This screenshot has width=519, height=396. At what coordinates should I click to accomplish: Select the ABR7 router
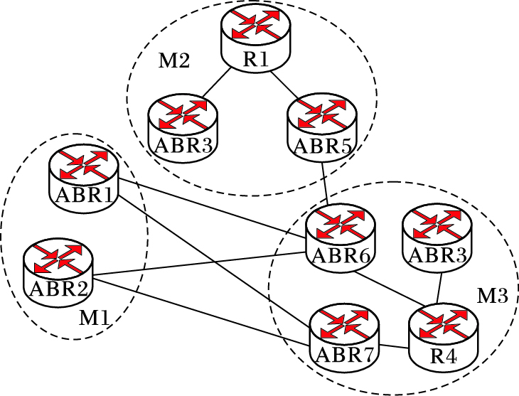tap(344, 333)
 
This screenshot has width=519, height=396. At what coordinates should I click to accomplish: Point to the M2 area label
tap(173, 61)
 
